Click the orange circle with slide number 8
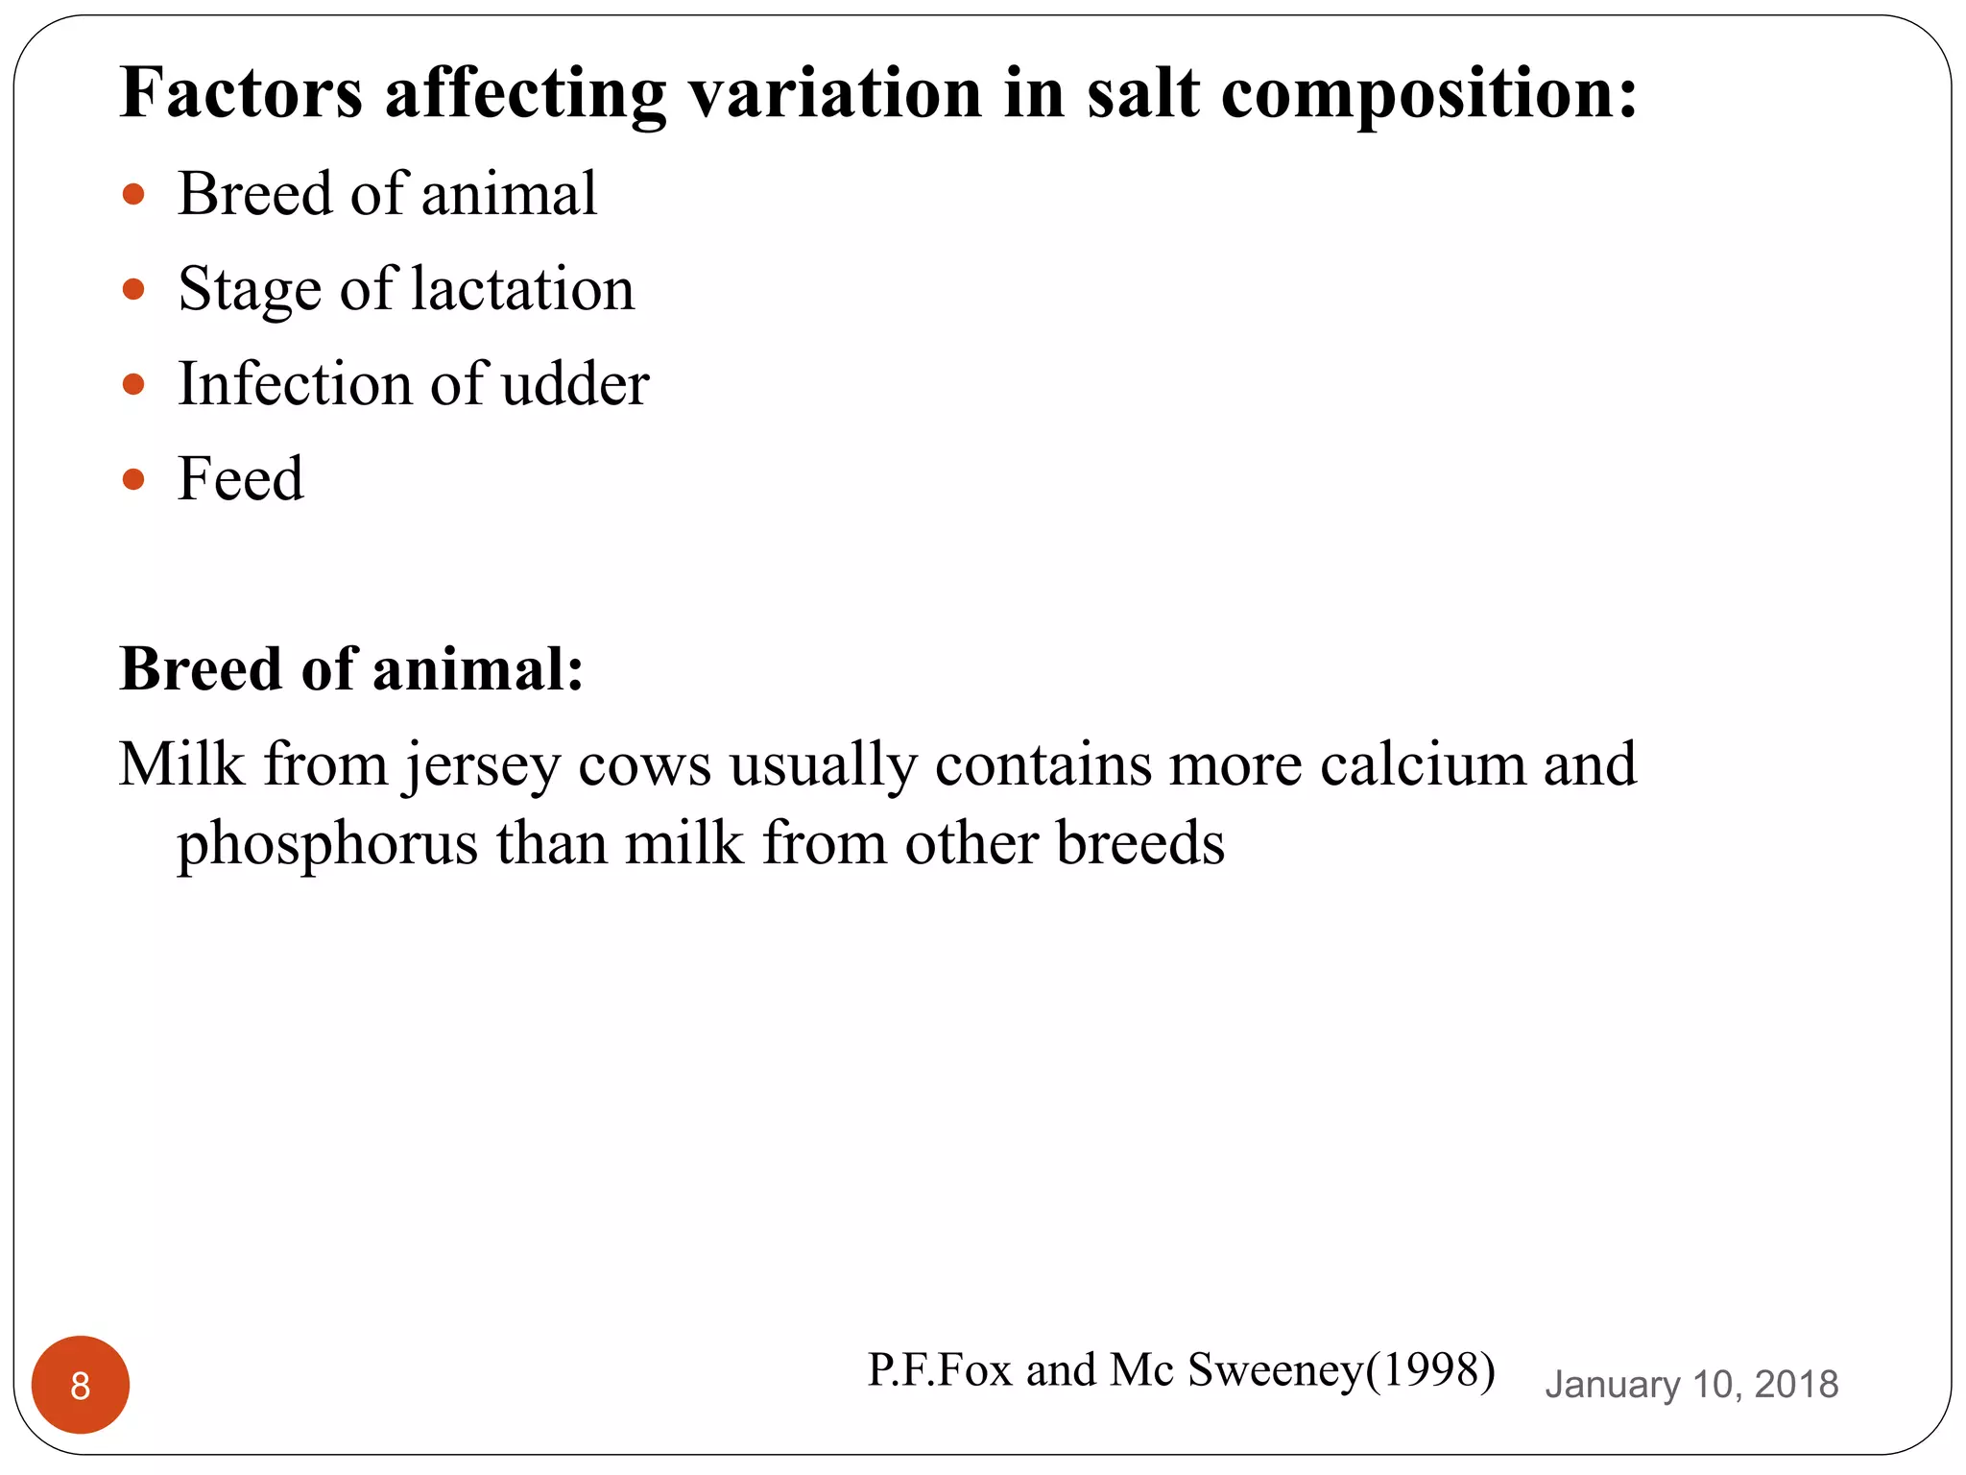tap(81, 1385)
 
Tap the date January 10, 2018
tap(1691, 1385)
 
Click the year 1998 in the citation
tap(1430, 1369)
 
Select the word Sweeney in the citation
tap(1275, 1369)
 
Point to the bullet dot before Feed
tap(134, 479)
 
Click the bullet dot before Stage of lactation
tap(134, 289)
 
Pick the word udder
tap(575, 384)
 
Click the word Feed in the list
tap(241, 479)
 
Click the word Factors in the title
tap(241, 93)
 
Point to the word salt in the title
tap(1142, 93)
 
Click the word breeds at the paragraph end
tap(1140, 843)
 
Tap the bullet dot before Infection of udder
tap(134, 385)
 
